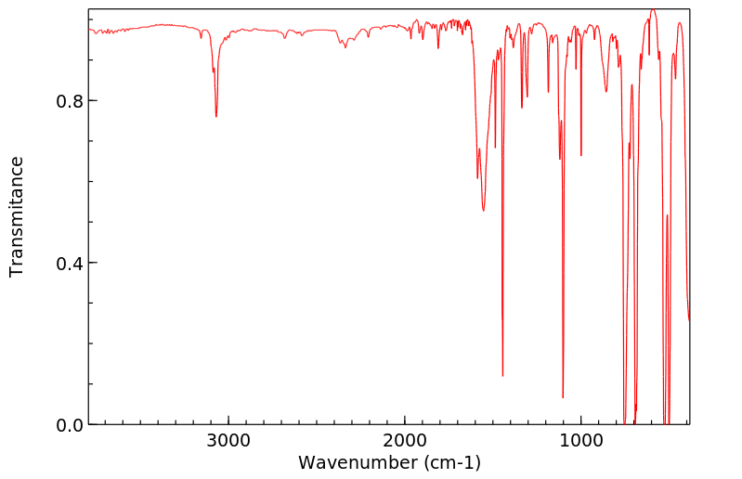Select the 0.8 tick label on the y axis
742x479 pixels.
click(71, 100)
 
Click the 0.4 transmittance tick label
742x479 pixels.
click(71, 263)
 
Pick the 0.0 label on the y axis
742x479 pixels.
click(71, 425)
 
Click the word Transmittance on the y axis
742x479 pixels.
click(17, 216)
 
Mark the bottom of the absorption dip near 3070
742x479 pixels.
click(216, 117)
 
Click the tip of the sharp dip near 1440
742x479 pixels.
click(502, 376)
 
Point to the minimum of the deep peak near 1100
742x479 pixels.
click(563, 398)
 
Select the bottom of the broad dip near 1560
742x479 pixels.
click(483, 211)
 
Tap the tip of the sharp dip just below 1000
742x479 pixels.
click(581, 155)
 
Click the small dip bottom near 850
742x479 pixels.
click(606, 92)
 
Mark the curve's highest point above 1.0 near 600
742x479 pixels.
click(653, 9)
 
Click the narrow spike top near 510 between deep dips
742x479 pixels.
click(667, 215)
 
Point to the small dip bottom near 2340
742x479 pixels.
click(345, 47)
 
